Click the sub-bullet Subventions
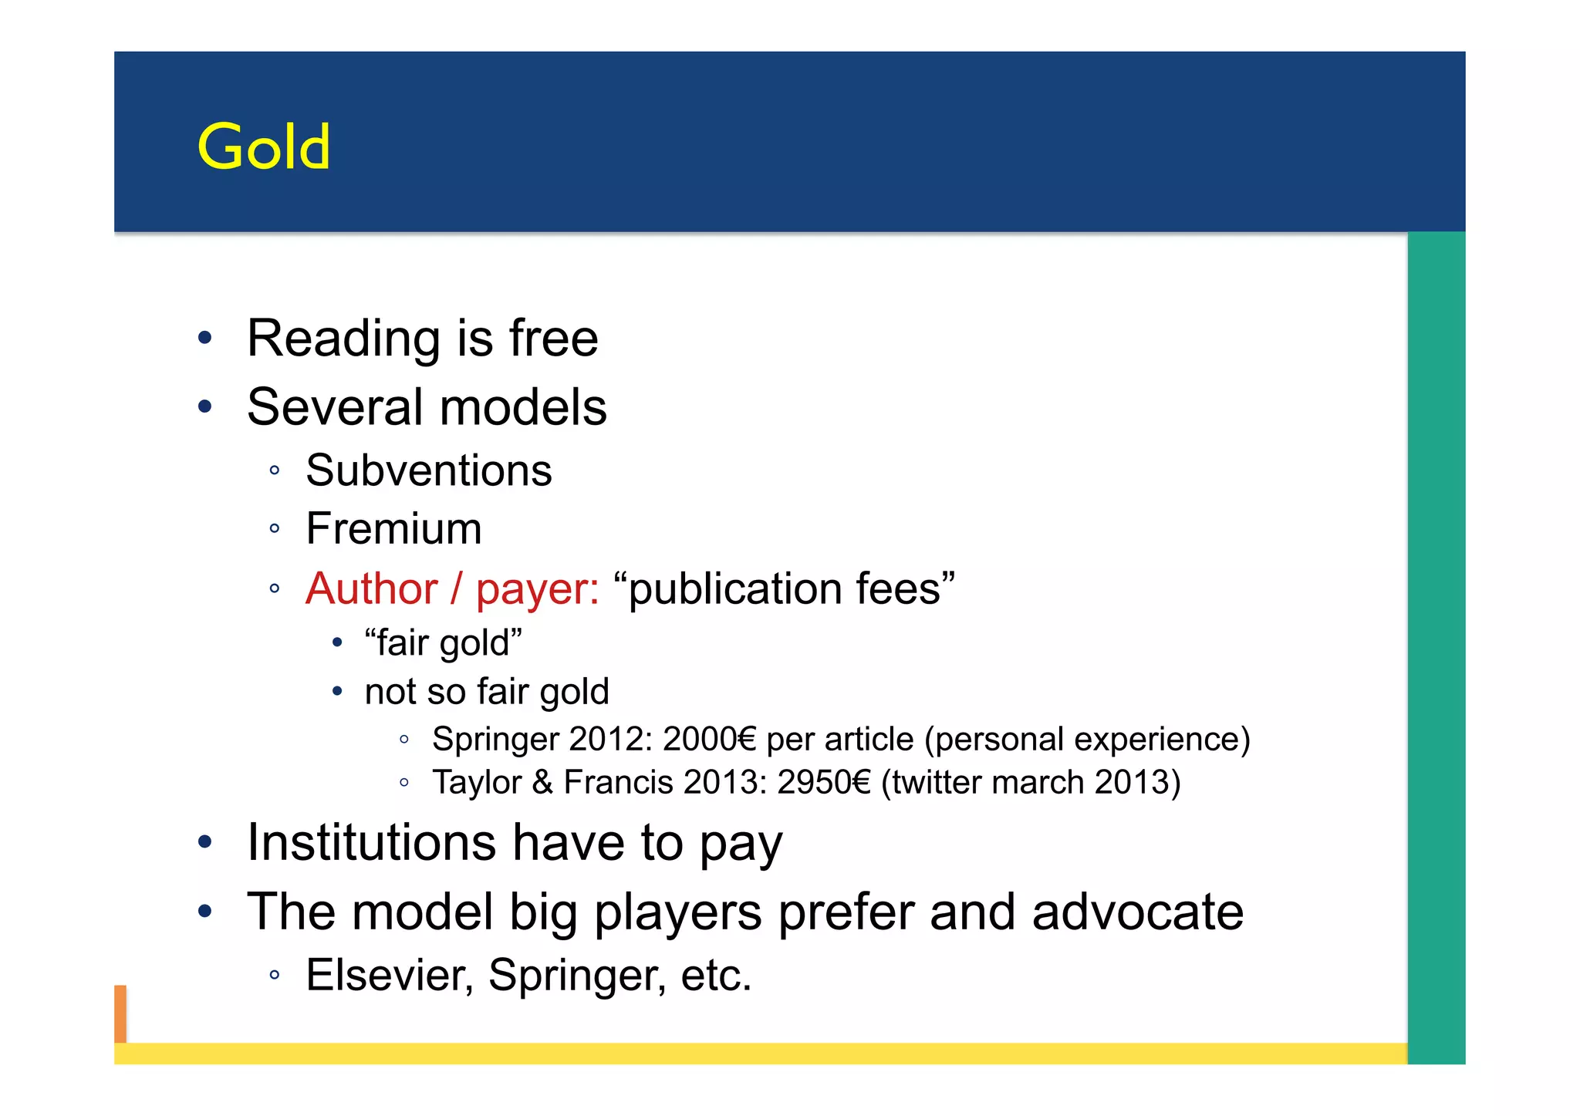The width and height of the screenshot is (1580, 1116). (x=429, y=470)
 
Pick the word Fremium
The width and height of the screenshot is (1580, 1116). (x=393, y=529)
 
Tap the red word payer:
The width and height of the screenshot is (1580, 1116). (x=537, y=590)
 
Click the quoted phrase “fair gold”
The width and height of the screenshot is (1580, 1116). (x=443, y=643)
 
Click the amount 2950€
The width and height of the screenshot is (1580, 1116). (x=823, y=782)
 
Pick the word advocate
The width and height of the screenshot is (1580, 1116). (x=1137, y=912)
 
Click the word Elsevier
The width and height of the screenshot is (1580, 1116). (x=389, y=976)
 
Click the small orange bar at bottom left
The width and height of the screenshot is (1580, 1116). (x=120, y=1013)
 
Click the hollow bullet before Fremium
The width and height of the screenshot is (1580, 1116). (x=275, y=529)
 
